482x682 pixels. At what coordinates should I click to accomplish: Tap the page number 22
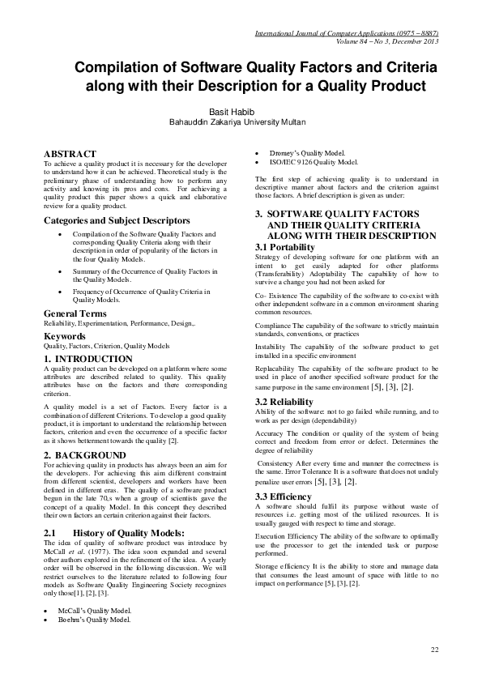point(434,650)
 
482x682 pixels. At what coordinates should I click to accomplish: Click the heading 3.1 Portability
point(279,246)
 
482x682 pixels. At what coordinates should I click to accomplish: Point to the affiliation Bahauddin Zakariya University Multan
point(237,123)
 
